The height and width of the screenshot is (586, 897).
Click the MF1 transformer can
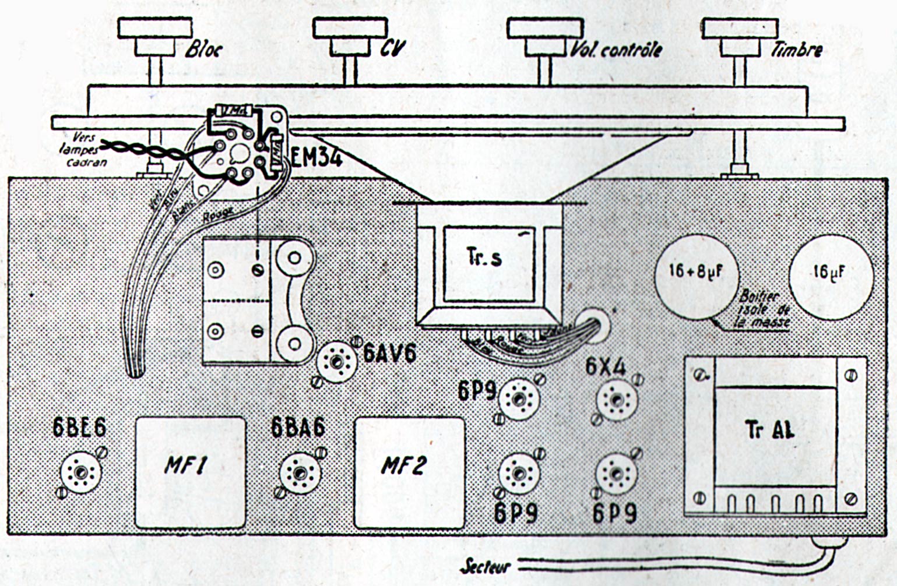coord(190,471)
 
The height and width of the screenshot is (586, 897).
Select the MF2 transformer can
coord(409,471)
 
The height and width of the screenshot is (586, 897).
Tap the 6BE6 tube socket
coord(81,472)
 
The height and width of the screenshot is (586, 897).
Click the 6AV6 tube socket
coord(336,362)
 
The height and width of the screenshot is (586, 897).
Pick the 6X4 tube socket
coord(617,400)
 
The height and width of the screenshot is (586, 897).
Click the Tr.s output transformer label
coord(484,257)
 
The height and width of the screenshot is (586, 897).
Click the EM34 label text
coord(316,158)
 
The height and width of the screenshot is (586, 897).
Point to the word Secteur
coord(485,566)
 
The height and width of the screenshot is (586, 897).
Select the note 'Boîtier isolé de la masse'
coord(764,309)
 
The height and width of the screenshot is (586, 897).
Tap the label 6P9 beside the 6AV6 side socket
coord(476,390)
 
